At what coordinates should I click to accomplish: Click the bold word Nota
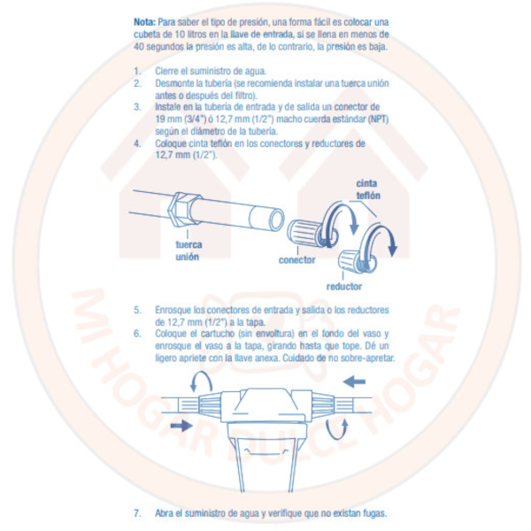click(144, 22)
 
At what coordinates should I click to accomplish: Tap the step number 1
click(137, 71)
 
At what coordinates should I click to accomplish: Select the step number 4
click(137, 143)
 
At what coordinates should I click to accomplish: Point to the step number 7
click(137, 513)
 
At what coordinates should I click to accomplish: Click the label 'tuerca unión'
click(189, 250)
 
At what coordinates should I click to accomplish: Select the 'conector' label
click(297, 260)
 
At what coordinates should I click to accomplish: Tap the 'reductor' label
click(344, 287)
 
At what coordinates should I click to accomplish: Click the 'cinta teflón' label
click(368, 189)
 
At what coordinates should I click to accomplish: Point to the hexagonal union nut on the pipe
click(185, 209)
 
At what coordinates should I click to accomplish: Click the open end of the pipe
click(276, 219)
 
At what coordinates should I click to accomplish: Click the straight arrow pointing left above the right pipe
click(354, 381)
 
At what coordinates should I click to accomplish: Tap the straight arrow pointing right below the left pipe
click(181, 426)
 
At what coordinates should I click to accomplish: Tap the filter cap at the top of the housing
click(265, 405)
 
